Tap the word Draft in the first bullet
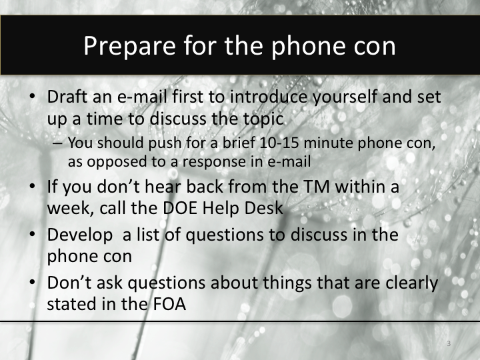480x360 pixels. pos(68,97)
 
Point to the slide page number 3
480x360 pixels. pos(449,343)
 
